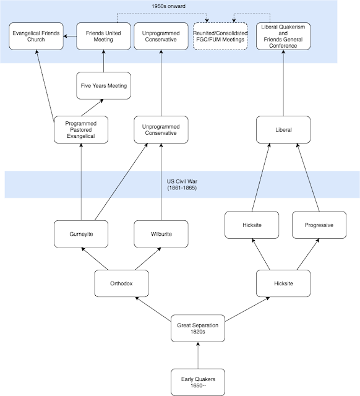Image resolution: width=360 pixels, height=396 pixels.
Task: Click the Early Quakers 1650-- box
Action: click(198, 382)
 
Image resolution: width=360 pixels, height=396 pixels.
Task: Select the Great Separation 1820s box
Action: click(198, 329)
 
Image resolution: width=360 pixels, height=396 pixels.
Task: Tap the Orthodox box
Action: click(121, 283)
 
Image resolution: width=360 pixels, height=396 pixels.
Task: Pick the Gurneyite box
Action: click(81, 234)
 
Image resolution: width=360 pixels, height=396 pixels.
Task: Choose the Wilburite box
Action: click(161, 234)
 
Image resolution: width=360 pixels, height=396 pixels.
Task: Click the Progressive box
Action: click(319, 225)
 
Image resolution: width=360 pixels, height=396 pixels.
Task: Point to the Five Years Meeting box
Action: click(103, 85)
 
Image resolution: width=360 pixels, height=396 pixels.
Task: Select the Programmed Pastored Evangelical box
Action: click(81, 130)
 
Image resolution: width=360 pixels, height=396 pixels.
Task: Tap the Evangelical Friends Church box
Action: click(36, 36)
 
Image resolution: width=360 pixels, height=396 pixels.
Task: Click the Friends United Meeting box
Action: click(103, 36)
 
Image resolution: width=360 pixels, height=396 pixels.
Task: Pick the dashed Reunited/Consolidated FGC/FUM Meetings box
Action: click(220, 36)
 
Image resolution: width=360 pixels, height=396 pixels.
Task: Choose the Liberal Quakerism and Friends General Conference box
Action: click(283, 36)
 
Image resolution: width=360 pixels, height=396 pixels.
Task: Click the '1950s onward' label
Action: click(168, 6)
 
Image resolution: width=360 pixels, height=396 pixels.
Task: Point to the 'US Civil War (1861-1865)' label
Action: click(182, 184)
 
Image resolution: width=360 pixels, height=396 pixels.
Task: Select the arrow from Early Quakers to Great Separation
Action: click(198, 355)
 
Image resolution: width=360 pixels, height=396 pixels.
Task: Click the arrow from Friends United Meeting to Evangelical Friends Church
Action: click(70, 36)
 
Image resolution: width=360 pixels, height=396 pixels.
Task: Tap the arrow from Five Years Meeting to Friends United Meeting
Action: click(103, 61)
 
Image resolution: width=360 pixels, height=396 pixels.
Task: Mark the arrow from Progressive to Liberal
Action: click(308, 178)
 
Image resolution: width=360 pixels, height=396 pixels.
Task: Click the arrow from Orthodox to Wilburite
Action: click(148, 259)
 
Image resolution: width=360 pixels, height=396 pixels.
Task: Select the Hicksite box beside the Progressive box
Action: click(252, 225)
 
